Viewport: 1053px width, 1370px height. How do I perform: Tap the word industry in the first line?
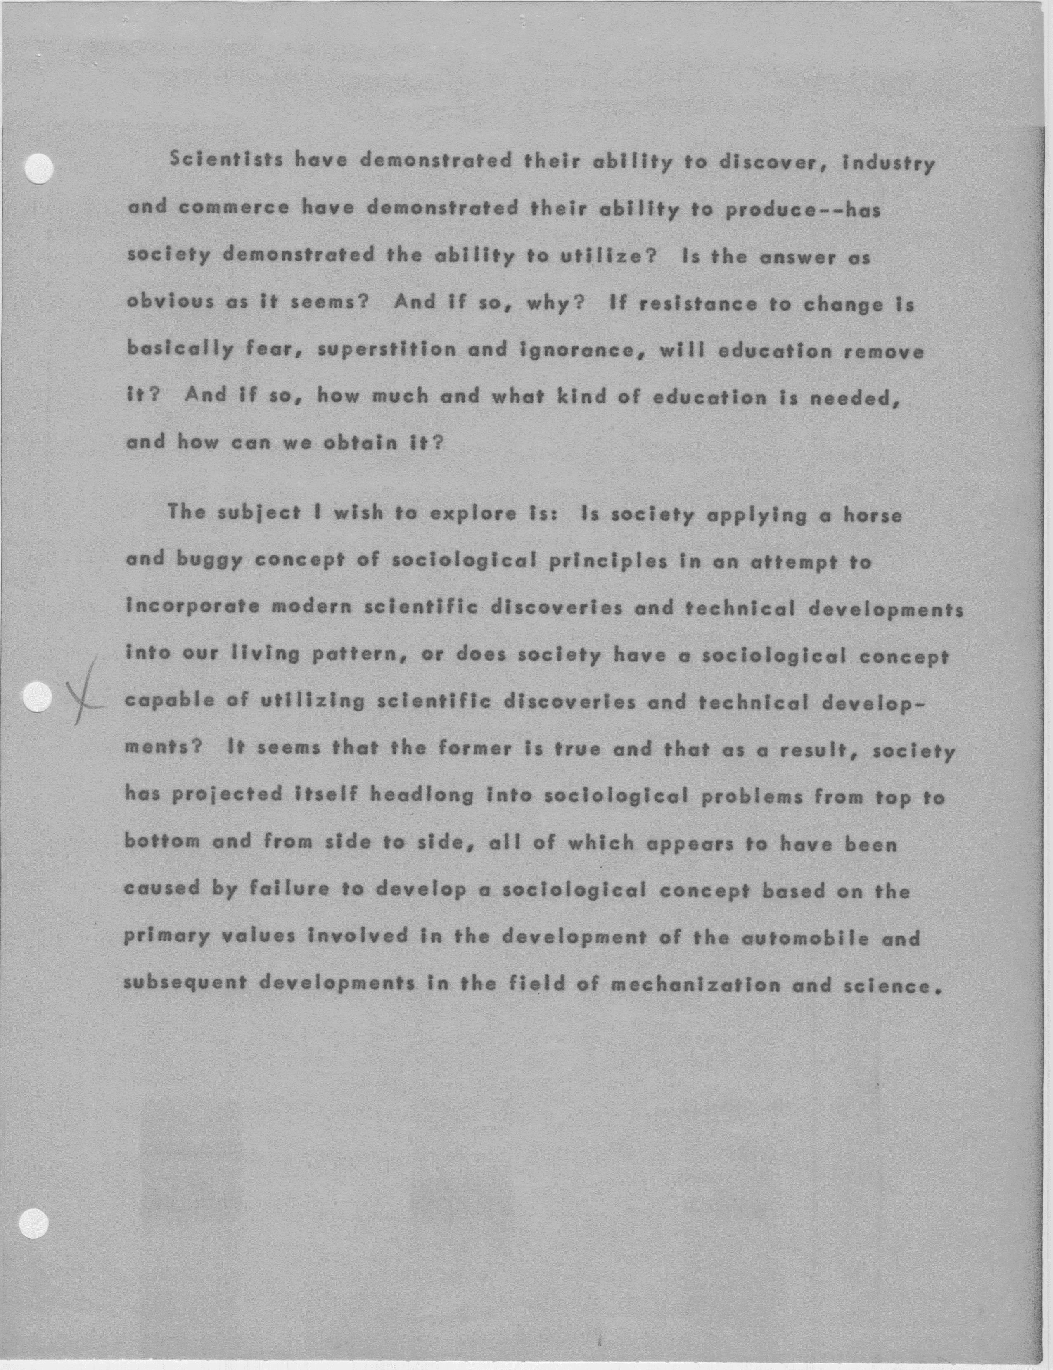pos(888,164)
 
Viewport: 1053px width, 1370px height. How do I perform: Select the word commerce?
pos(234,207)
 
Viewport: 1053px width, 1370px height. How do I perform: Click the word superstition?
pos(387,348)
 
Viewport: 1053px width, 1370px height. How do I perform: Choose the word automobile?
pos(805,938)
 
